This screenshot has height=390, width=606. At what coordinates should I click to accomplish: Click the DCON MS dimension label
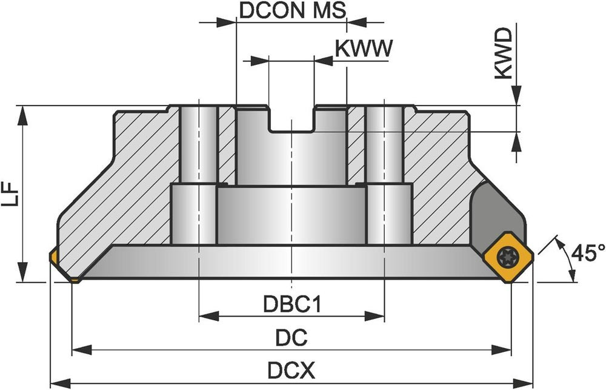(293, 10)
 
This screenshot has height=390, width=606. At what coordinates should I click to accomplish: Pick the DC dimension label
(291, 337)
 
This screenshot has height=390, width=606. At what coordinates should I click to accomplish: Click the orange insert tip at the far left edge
(53, 258)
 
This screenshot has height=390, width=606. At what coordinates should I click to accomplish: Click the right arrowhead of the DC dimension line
(505, 349)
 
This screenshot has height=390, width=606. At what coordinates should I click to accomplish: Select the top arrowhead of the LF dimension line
(23, 112)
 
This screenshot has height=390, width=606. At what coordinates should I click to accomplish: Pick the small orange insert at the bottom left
(74, 280)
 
